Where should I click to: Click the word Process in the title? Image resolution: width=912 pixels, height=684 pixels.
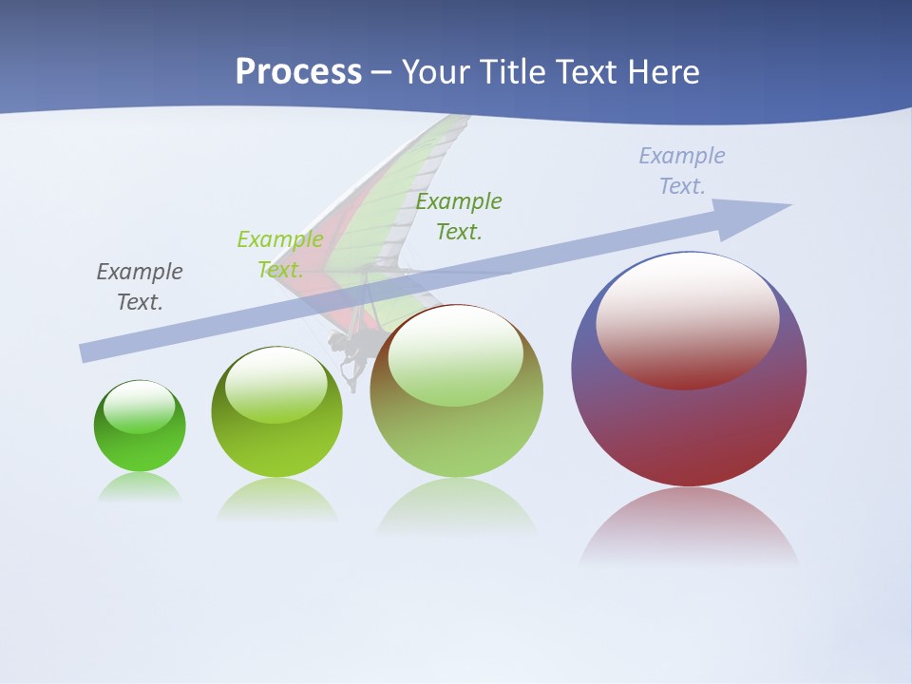click(298, 72)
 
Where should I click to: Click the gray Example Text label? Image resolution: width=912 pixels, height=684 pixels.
click(140, 287)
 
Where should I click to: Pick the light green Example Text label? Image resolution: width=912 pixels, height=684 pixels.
click(280, 255)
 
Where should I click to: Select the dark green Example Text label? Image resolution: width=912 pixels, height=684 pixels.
click(459, 216)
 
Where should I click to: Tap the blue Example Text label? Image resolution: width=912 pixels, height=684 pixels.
click(682, 171)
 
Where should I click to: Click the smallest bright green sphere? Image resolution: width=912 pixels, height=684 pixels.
click(140, 446)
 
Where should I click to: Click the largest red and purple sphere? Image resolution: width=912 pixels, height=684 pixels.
click(689, 427)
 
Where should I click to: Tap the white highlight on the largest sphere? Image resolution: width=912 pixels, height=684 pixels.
click(688, 318)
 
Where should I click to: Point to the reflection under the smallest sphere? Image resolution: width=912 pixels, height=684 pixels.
click(140, 486)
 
